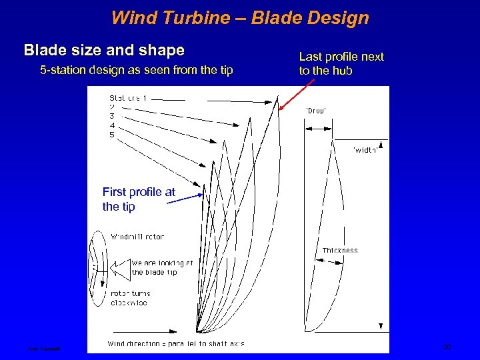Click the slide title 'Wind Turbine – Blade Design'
click(x=240, y=17)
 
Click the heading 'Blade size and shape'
click(x=104, y=50)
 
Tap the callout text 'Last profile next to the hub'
click(x=341, y=63)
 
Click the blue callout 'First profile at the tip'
click(x=139, y=199)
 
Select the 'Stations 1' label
click(x=129, y=97)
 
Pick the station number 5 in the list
click(x=112, y=135)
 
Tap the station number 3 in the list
click(x=112, y=116)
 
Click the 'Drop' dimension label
click(x=315, y=111)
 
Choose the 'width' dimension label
click(x=365, y=151)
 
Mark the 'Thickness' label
click(x=340, y=251)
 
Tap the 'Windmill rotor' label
click(x=137, y=237)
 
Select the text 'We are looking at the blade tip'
click(x=162, y=267)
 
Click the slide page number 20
click(x=447, y=347)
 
